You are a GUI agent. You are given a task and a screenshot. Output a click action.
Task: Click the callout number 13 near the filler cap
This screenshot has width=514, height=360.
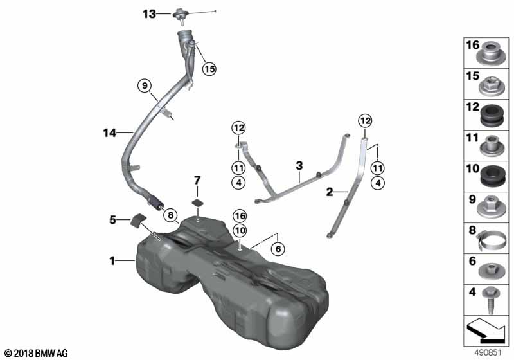tap(149, 14)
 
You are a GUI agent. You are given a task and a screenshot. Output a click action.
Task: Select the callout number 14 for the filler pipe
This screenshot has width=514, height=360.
tap(109, 133)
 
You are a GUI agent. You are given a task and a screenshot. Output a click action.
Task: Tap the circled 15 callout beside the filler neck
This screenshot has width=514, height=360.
tap(209, 69)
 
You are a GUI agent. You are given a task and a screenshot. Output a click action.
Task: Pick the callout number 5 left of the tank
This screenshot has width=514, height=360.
tap(114, 219)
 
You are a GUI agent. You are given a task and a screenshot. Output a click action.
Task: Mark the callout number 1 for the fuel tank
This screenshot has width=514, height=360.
tap(112, 261)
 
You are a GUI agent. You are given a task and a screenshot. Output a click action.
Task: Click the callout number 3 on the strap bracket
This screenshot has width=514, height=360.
tap(299, 166)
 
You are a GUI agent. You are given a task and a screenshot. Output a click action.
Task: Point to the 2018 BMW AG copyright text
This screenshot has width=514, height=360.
tap(35, 353)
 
